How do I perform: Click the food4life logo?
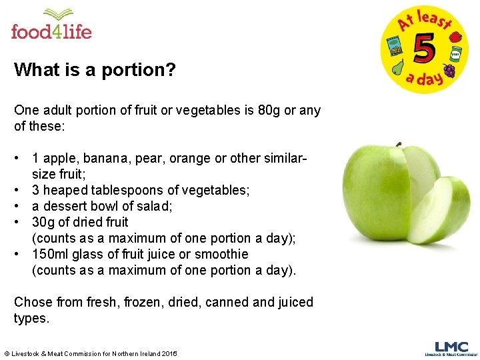(x=51, y=25)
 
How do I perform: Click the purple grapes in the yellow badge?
(x=449, y=70)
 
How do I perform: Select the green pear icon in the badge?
(x=398, y=67)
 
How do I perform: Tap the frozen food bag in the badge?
(x=395, y=47)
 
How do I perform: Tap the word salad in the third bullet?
(x=155, y=206)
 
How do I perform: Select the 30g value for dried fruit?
(x=44, y=222)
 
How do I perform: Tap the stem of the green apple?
(x=398, y=143)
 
